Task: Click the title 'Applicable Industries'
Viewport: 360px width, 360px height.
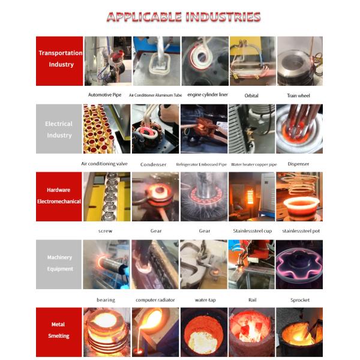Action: click(184, 17)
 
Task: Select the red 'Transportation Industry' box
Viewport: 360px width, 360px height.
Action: click(59, 61)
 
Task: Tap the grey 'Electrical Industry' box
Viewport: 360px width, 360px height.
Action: click(59, 129)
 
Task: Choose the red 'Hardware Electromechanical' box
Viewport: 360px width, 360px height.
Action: click(59, 197)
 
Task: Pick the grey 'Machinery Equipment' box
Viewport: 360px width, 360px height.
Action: click(59, 264)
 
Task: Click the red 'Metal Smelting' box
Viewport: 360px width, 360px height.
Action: click(59, 332)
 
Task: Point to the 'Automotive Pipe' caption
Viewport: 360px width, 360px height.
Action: click(104, 95)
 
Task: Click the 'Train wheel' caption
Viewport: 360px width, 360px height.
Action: click(298, 95)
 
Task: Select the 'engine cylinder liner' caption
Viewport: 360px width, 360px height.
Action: click(208, 95)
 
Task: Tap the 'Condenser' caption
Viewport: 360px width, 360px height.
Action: click(154, 164)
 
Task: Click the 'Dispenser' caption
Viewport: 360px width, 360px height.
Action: click(298, 164)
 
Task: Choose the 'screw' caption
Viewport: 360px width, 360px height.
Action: click(106, 231)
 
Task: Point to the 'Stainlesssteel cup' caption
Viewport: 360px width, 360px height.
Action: click(253, 231)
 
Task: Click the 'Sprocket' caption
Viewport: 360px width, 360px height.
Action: click(300, 300)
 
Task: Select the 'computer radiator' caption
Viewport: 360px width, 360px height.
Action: click(155, 300)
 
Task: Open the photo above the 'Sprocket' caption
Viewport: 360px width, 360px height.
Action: click(299, 264)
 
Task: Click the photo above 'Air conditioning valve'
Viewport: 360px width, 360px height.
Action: click(107, 129)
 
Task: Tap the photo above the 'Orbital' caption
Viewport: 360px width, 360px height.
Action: click(253, 61)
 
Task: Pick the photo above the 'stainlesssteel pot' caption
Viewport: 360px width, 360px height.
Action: click(299, 197)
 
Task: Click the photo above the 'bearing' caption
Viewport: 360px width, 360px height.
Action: click(107, 264)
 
